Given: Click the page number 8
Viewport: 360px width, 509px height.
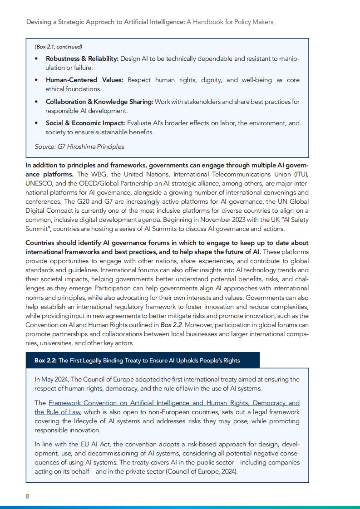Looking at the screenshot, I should tap(28, 496).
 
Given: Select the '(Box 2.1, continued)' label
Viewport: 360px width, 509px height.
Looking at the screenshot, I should tap(59, 47).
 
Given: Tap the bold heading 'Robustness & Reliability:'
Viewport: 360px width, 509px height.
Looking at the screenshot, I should tap(82, 59).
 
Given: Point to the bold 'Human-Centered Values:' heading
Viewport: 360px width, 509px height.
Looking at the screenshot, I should tap(84, 80).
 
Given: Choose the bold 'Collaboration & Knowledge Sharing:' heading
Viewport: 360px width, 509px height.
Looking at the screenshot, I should tap(99, 102).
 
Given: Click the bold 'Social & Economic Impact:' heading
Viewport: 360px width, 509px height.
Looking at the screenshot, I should tap(85, 123).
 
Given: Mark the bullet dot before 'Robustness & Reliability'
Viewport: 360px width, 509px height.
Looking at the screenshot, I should tap(36, 59).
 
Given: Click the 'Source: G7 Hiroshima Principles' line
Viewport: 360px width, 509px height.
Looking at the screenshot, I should tap(79, 147).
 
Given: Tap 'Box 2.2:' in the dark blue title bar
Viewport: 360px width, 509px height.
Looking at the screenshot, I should tap(45, 361).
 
